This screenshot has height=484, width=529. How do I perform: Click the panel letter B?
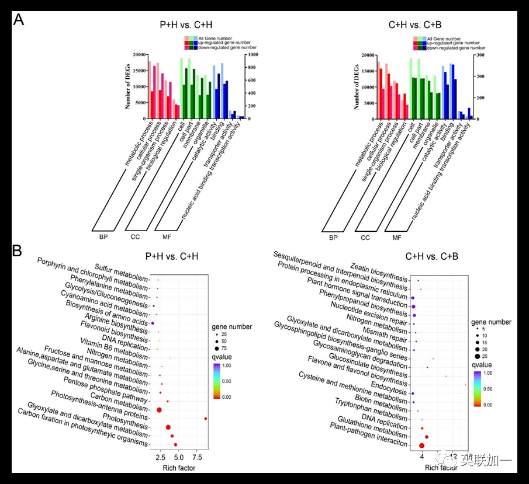click(18, 252)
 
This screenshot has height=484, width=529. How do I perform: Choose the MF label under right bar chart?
click(397, 237)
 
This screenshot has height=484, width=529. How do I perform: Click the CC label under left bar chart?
click(136, 237)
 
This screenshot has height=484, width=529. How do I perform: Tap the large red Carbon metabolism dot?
click(159, 410)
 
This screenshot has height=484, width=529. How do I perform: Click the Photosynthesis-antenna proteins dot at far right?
click(206, 419)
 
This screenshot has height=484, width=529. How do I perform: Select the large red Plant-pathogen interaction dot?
click(422, 445)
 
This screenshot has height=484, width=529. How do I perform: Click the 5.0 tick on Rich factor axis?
click(179, 457)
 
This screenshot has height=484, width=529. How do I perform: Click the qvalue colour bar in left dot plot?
click(216, 381)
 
